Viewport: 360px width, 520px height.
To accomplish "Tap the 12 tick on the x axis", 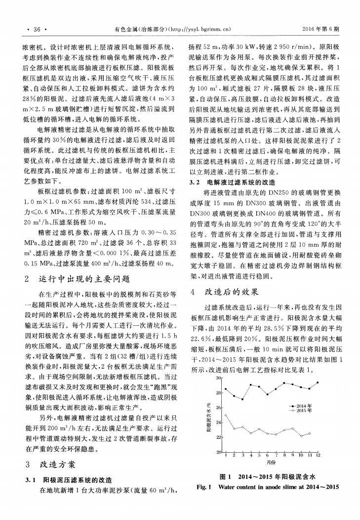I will point(318,455).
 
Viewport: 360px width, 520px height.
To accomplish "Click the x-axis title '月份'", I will point(271,462).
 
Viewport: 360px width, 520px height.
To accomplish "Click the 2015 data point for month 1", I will point(225,415).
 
